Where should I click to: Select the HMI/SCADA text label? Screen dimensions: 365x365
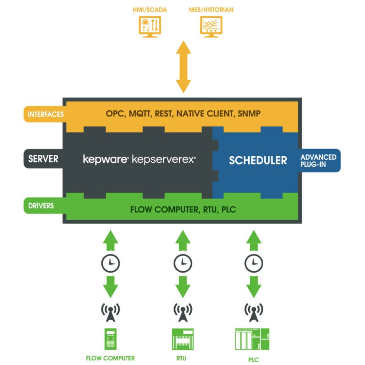(x=150, y=9)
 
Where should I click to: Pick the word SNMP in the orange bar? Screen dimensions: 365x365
(x=247, y=114)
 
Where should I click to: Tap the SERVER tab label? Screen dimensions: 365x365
(x=43, y=159)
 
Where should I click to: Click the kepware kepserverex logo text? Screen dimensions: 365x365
(x=139, y=159)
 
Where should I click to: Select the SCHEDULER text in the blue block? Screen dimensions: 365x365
(x=258, y=160)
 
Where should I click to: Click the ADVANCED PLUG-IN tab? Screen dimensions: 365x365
(x=318, y=160)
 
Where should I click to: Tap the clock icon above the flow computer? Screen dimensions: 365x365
(x=110, y=263)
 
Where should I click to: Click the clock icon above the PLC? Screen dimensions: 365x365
(x=253, y=263)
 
